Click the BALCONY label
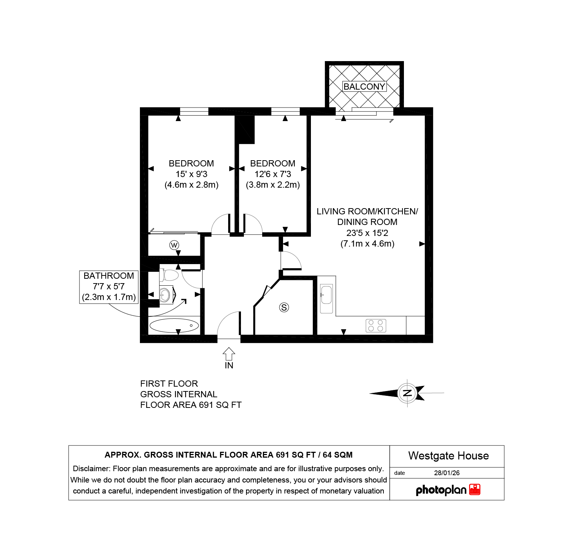[x=364, y=87]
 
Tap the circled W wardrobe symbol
[x=174, y=245]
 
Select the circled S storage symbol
[x=284, y=307]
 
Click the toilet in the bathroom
[x=169, y=275]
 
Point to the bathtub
[x=174, y=326]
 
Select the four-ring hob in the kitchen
[x=376, y=326]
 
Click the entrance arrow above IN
[x=229, y=354]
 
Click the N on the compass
[x=407, y=393]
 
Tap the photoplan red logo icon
[x=475, y=490]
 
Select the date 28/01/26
[x=447, y=473]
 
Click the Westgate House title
[x=449, y=456]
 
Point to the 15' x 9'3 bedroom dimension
[x=192, y=174]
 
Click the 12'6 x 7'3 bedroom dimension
[x=273, y=174]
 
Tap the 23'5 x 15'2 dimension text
[x=367, y=233]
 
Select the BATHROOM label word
[x=109, y=276]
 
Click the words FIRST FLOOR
[x=169, y=384]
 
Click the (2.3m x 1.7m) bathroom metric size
[x=109, y=297]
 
